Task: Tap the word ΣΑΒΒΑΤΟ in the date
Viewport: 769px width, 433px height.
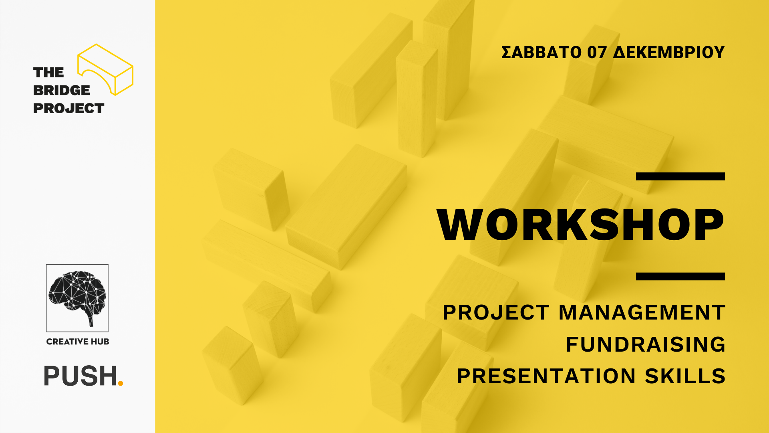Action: pyautogui.click(x=541, y=53)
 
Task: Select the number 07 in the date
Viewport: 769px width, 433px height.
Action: pyautogui.click(x=597, y=53)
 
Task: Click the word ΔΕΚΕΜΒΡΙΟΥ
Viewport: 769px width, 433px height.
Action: pyautogui.click(x=669, y=53)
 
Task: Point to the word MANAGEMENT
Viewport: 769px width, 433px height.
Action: pyautogui.click(x=642, y=312)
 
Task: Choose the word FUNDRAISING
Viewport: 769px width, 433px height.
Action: pyautogui.click(x=645, y=344)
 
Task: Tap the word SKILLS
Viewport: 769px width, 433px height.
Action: pyautogui.click(x=685, y=376)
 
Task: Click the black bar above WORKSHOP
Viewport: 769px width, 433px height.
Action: pyautogui.click(x=680, y=176)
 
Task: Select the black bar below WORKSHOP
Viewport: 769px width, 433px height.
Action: pyautogui.click(x=680, y=276)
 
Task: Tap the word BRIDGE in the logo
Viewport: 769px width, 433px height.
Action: pyautogui.click(x=62, y=90)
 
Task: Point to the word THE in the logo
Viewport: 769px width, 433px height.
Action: pyautogui.click(x=48, y=73)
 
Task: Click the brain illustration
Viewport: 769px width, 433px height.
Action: pyautogui.click(x=77, y=297)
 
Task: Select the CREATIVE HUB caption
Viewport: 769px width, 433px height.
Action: pyautogui.click(x=78, y=342)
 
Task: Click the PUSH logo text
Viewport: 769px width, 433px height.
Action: pyautogui.click(x=80, y=376)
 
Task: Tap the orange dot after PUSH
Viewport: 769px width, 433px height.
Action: pyautogui.click(x=121, y=383)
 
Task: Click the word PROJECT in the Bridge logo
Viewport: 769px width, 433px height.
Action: pyautogui.click(x=68, y=108)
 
